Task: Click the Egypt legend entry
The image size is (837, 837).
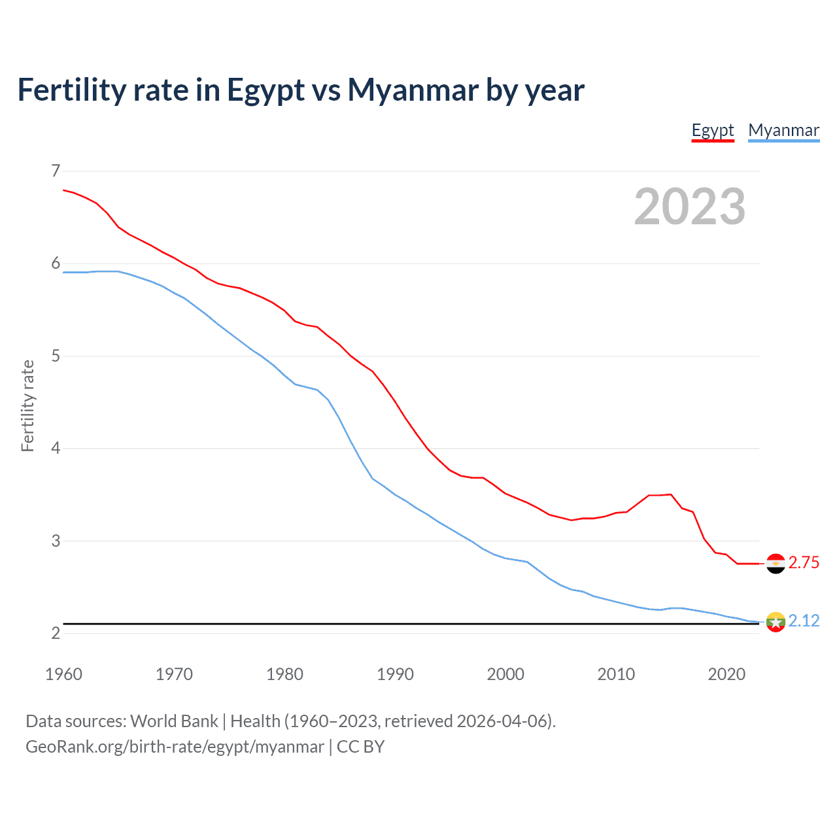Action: pyautogui.click(x=713, y=130)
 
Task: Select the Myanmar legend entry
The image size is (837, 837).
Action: pyautogui.click(x=783, y=130)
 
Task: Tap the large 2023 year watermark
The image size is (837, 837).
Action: pyautogui.click(x=689, y=207)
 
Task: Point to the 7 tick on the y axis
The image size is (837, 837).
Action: pyautogui.click(x=56, y=171)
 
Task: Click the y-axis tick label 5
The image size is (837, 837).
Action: pyautogui.click(x=56, y=356)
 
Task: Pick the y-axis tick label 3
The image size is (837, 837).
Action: pyautogui.click(x=56, y=541)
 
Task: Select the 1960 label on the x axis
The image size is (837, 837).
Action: pyautogui.click(x=63, y=674)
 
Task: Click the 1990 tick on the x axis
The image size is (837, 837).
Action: pyautogui.click(x=395, y=674)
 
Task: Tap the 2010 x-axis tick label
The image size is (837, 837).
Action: pyautogui.click(x=616, y=674)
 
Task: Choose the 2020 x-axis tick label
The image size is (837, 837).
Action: pyautogui.click(x=726, y=674)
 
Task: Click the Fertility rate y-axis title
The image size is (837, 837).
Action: pyautogui.click(x=27, y=405)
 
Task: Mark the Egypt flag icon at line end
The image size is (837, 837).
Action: pyautogui.click(x=776, y=563)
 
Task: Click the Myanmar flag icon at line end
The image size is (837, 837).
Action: pyautogui.click(x=776, y=621)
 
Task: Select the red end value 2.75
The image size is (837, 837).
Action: pyautogui.click(x=804, y=563)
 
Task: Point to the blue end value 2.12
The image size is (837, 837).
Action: pyautogui.click(x=804, y=621)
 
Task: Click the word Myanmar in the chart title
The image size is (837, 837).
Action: pyautogui.click(x=413, y=90)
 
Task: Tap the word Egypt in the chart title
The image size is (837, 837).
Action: pyautogui.click(x=265, y=90)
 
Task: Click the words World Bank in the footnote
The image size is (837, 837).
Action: pyautogui.click(x=174, y=721)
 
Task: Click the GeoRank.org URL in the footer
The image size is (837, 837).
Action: pyautogui.click(x=175, y=747)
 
